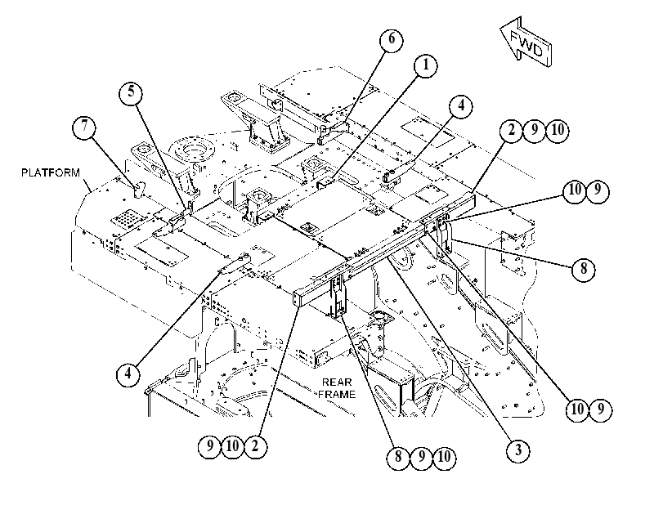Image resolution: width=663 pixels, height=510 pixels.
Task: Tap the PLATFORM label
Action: pos(51,172)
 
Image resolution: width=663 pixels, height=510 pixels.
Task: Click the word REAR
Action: pos(337,382)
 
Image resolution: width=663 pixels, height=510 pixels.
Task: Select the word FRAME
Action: pos(337,395)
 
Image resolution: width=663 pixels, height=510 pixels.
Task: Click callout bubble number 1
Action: pos(426,65)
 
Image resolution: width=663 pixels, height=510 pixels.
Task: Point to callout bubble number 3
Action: pos(518,450)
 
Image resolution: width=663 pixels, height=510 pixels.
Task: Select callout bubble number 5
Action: pos(131,92)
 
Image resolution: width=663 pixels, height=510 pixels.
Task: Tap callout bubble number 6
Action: pos(391,40)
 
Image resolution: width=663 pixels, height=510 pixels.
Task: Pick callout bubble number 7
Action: pos(84,127)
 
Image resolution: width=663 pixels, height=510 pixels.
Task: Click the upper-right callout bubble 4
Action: pos(461,105)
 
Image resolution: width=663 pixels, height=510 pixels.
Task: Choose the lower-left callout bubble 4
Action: pos(128,374)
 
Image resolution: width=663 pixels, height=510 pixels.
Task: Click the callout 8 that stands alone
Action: pos(584,269)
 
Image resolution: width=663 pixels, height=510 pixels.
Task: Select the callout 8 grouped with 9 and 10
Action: pos(398,457)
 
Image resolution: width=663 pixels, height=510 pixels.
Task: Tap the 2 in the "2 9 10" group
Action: pos(512,130)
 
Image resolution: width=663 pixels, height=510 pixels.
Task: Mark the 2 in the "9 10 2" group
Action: pos(255,446)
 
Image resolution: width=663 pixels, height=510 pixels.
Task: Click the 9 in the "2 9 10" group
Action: pos(535,130)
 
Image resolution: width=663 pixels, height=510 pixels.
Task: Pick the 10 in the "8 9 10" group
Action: pos(444,457)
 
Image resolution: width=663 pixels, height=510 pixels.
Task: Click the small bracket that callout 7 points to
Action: pos(139,189)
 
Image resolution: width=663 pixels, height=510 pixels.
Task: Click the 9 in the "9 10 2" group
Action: pos(210,446)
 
